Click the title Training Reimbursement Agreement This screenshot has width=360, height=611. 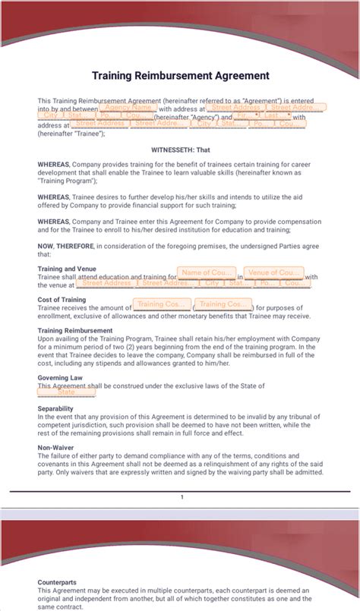(180, 76)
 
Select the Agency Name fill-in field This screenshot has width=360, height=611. (128, 108)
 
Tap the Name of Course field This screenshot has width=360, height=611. (206, 272)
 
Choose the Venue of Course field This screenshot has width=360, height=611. (274, 272)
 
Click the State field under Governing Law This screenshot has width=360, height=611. (66, 392)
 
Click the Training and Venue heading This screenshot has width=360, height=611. (67, 269)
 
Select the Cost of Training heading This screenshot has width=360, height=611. (62, 300)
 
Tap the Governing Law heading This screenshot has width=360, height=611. (60, 378)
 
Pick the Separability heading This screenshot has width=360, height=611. (55, 408)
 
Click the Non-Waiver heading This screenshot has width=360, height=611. (55, 448)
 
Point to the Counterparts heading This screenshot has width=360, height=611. (57, 582)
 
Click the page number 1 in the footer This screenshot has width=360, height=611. (182, 497)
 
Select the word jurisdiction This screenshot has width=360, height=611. (85, 424)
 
